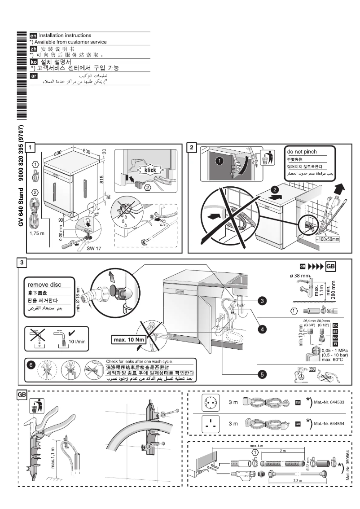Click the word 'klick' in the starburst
coord(148,170)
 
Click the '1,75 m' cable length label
coord(36,233)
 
